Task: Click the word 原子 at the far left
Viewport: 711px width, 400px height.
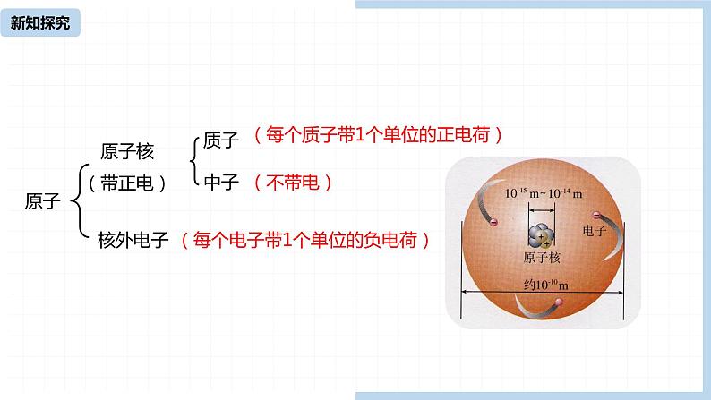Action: tap(41, 202)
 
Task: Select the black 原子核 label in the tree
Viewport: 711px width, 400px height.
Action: tap(128, 152)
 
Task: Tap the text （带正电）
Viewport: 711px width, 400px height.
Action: tap(128, 183)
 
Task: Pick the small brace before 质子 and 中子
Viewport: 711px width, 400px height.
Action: tap(195, 161)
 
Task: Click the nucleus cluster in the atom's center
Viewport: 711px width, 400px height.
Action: tap(541, 237)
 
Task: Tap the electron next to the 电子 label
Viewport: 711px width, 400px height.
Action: tap(595, 215)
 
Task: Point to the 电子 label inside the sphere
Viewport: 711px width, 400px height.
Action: tap(595, 231)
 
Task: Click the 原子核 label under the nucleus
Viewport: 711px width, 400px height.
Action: tap(542, 258)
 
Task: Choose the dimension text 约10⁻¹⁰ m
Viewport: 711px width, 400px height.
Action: tap(545, 285)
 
